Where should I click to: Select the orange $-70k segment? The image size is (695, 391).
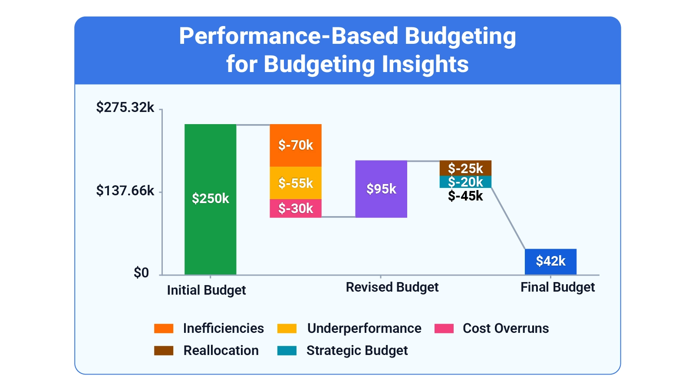[x=296, y=145]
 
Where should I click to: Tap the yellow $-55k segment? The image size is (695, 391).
[x=296, y=183]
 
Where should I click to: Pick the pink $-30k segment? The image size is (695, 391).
[x=296, y=208]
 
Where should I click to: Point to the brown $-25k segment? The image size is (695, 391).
[x=465, y=168]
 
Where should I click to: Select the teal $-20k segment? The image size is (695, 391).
[x=465, y=182]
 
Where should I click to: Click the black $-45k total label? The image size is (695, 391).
[x=465, y=196]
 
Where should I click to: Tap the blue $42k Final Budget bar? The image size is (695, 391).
[x=550, y=261]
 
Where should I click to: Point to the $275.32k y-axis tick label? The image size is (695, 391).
[x=125, y=107]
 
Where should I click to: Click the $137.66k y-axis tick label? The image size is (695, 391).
[x=125, y=191]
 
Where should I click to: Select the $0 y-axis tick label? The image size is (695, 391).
[x=141, y=273]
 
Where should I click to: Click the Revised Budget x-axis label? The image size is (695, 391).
[x=392, y=287]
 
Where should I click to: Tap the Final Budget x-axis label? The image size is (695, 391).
[x=557, y=287]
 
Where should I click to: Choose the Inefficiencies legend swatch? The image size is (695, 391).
[x=164, y=329]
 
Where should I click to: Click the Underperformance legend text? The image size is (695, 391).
[x=364, y=329]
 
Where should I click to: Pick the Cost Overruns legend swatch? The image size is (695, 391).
[x=444, y=329]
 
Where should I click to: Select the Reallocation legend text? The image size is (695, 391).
[x=221, y=351]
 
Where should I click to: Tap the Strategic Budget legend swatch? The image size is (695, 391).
[x=287, y=351]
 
